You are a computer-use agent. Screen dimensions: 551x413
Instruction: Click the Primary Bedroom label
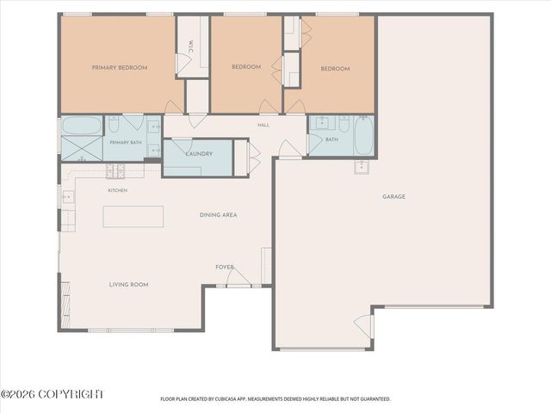120,67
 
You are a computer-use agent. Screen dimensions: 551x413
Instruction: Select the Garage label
394,197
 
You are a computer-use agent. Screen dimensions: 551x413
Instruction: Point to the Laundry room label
199,154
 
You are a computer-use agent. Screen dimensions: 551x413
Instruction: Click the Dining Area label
218,215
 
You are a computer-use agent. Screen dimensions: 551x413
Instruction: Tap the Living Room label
128,285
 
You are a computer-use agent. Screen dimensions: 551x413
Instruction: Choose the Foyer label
225,268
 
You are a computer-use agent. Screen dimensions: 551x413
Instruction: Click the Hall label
263,125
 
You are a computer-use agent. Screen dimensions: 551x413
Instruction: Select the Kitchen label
118,190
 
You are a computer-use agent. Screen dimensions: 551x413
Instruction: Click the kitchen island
133,216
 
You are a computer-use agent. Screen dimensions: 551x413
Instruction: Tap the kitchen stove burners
115,171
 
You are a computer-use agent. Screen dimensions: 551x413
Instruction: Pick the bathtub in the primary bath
82,126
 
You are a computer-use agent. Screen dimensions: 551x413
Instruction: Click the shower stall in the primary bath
82,149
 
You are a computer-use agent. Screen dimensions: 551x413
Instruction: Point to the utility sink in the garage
362,168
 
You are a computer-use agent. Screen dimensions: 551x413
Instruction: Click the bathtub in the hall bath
363,136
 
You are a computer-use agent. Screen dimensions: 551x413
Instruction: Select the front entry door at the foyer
238,277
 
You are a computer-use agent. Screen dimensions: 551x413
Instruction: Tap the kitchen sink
68,197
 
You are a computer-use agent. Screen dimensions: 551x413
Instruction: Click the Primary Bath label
126,143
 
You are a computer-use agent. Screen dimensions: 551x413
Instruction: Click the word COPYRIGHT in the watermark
71,394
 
